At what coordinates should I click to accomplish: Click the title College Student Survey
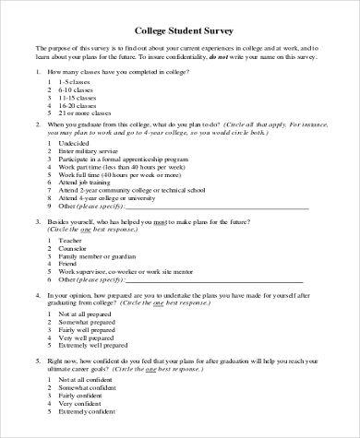point(181,28)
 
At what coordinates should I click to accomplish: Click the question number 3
point(38,222)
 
